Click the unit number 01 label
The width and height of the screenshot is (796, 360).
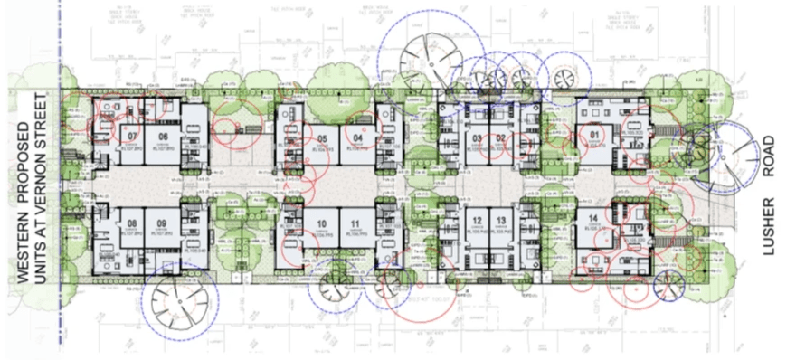(594, 137)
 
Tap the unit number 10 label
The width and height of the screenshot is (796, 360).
(321, 223)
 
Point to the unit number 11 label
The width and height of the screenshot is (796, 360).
(356, 223)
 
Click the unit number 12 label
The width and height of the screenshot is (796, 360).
(476, 221)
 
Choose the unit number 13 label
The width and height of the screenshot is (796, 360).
(500, 221)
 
